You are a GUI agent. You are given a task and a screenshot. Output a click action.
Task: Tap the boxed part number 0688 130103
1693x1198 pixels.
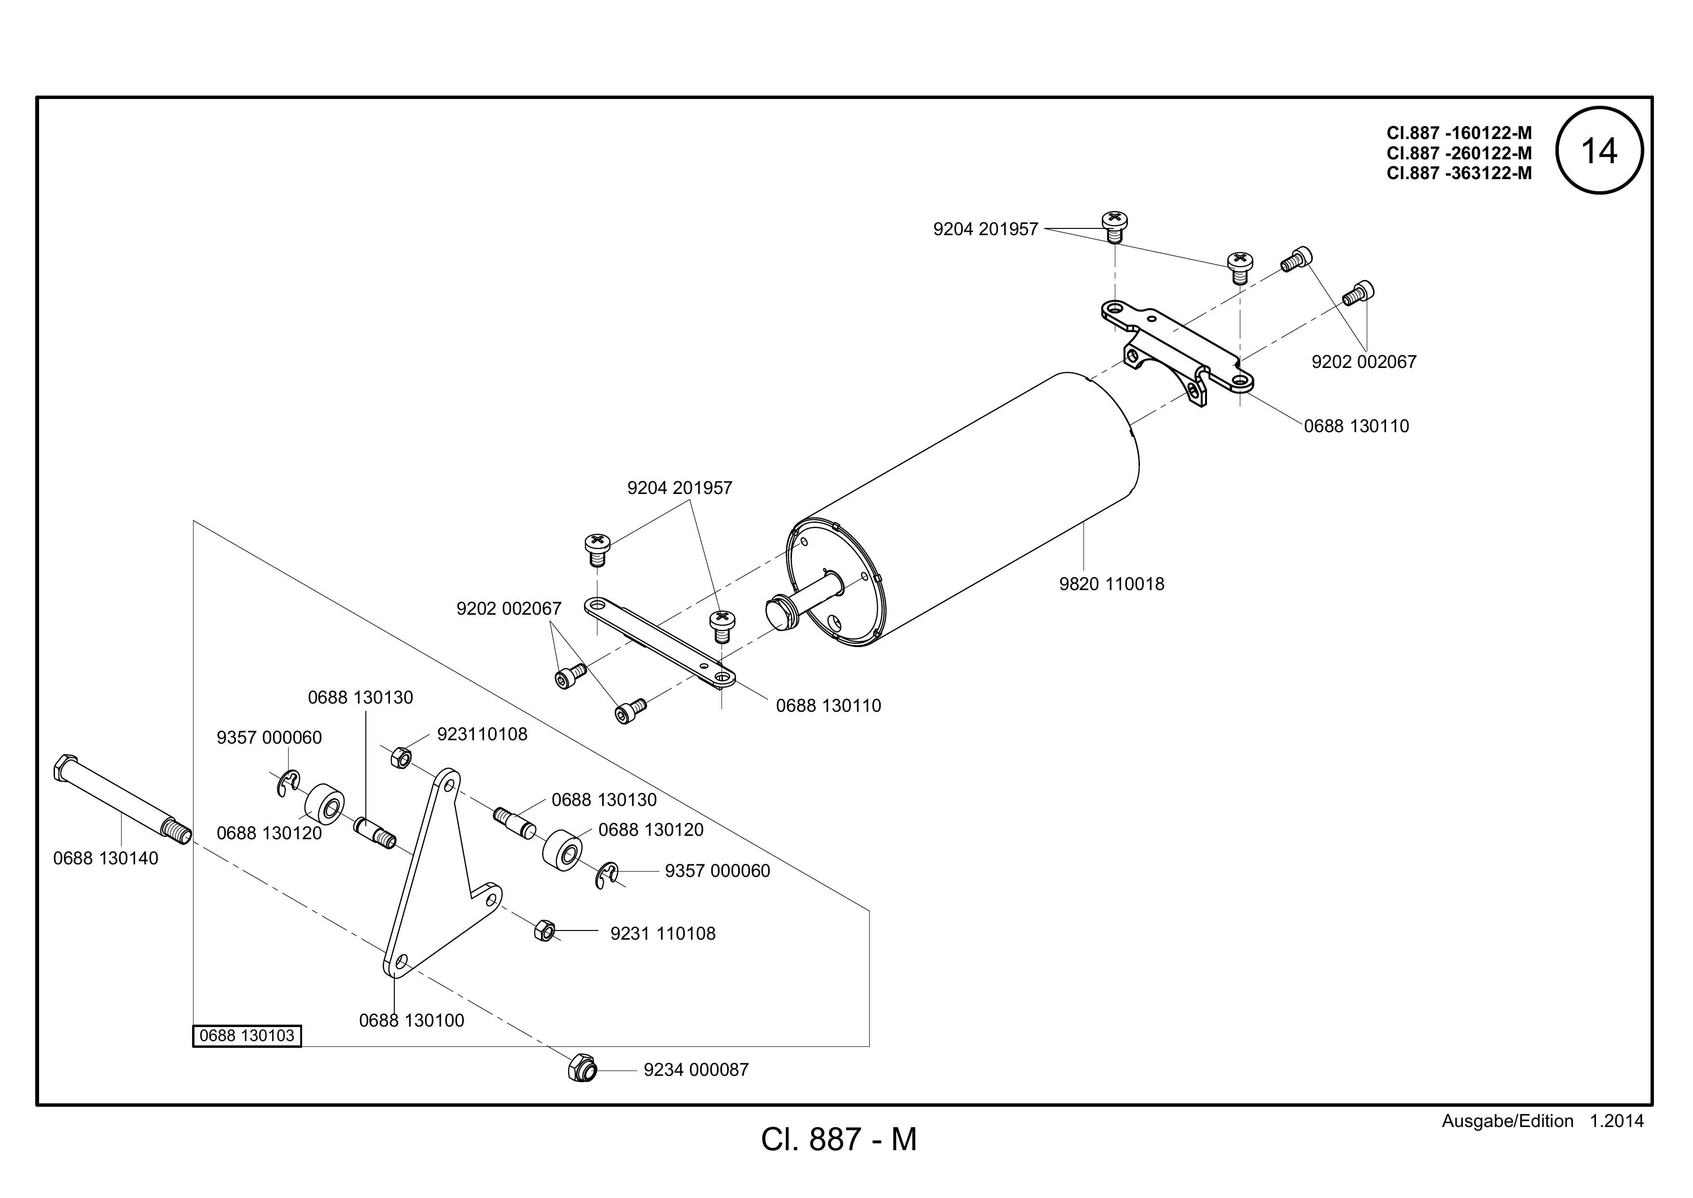pos(247,1036)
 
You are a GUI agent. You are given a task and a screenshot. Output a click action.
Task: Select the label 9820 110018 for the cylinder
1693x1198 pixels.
pos(1112,584)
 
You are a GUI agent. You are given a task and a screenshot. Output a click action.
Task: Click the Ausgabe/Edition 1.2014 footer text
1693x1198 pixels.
pos(1542,1121)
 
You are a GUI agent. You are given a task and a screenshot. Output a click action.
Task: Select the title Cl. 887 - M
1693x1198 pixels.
pos(839,1140)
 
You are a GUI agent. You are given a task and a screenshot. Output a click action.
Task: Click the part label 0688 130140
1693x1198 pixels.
pos(105,859)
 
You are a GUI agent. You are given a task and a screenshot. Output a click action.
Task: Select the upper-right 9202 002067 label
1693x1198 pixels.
pos(1364,362)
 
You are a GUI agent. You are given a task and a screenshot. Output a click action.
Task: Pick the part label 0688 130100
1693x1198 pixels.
pos(412,1021)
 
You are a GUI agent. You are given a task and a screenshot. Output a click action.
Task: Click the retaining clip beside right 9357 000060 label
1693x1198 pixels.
pos(607,874)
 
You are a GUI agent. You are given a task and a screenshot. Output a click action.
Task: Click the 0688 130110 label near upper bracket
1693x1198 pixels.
pos(1357,426)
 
